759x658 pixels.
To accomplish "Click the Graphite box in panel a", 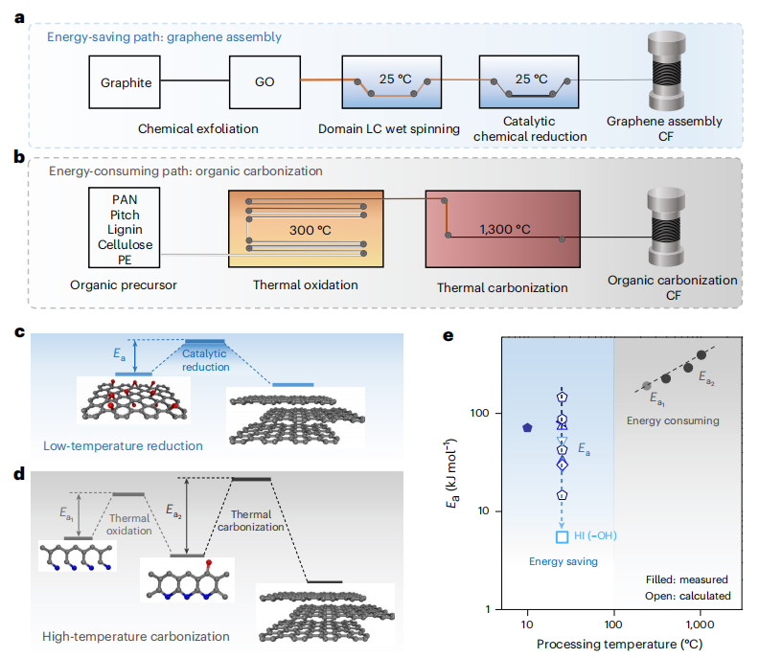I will pos(126,82).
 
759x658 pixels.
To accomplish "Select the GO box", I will pos(264,82).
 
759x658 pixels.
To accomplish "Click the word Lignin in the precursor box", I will pos(119,230).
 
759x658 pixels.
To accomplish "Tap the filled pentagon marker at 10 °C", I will pos(527,427).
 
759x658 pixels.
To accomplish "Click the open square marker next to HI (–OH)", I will pos(563,537).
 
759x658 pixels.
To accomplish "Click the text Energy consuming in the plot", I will pos(672,420).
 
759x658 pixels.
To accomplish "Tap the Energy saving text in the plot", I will pos(563,561).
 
